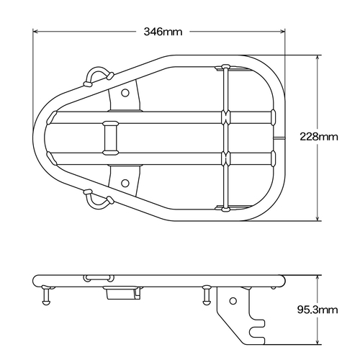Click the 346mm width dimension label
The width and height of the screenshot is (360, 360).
coord(162,32)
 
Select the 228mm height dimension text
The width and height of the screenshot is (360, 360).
coord(319,137)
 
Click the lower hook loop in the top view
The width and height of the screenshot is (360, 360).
coord(99,198)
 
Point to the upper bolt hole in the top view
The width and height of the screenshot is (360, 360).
coord(125,93)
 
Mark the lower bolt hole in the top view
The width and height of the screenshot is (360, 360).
coord(125,181)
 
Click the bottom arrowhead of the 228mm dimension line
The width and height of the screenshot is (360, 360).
coord(319,217)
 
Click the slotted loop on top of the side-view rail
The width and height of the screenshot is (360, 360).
coord(97,276)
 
